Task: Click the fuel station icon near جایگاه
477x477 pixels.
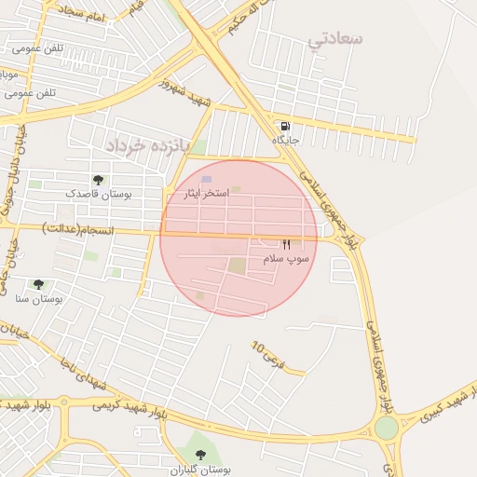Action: tap(284, 126)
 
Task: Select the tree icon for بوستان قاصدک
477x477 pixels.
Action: tap(98, 179)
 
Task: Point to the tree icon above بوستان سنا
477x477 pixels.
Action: tap(38, 284)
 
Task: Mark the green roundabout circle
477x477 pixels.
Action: tap(386, 428)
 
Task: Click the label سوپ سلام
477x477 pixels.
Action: tap(285, 256)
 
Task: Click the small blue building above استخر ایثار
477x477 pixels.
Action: tap(207, 179)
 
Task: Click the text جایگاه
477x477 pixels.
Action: tap(284, 139)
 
